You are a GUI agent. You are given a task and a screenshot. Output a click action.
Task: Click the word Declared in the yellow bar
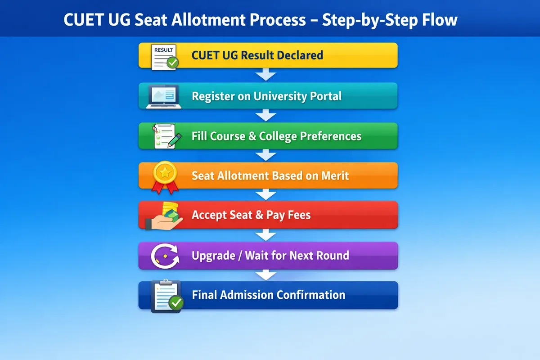[300, 55]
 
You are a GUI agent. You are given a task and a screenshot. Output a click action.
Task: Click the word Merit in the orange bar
[335, 175]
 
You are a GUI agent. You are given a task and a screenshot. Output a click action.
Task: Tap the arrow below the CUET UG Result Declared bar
[266, 75]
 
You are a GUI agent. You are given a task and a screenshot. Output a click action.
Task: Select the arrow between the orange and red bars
[266, 194]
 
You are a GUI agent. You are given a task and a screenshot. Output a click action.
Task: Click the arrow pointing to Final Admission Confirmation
[266, 275]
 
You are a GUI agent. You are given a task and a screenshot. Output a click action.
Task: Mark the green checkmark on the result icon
[172, 63]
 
